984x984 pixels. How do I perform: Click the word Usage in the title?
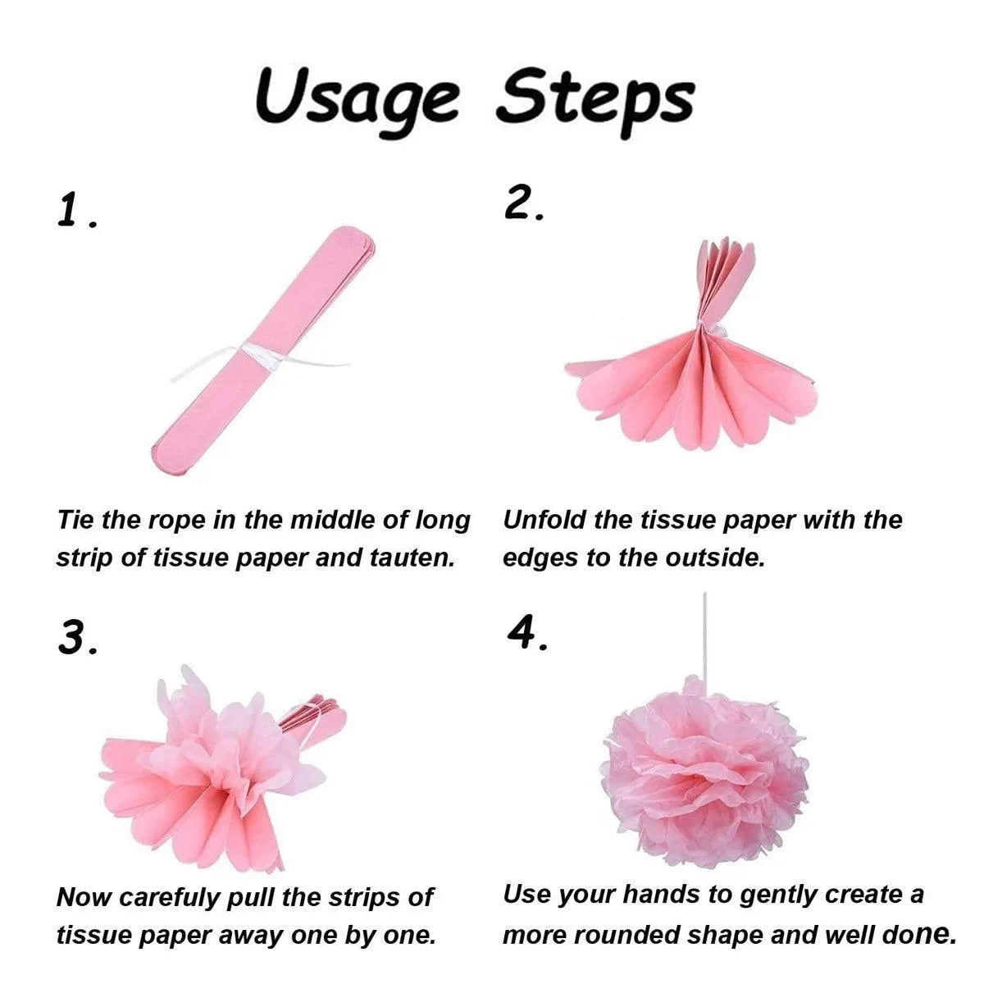(356, 101)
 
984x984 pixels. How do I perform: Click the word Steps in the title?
(595, 100)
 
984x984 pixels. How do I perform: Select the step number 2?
(524, 203)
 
